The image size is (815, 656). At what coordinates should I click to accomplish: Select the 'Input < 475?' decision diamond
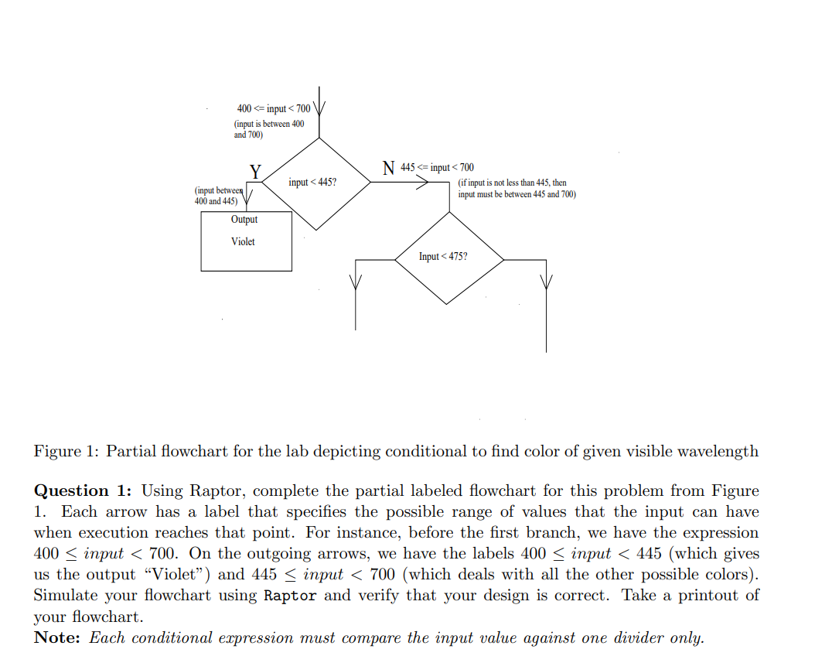coord(448,257)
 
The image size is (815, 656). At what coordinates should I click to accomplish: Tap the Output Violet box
coord(246,241)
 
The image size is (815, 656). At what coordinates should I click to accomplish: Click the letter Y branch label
coord(254,171)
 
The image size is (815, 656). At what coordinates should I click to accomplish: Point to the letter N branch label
coord(389,167)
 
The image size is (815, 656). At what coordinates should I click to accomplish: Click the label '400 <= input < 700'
coord(273,108)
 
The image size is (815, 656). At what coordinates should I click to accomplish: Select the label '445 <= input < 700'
coord(438,167)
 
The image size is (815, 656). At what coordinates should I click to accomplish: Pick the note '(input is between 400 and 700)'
coord(269,129)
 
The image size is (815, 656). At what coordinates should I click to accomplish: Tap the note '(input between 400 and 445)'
coord(219,196)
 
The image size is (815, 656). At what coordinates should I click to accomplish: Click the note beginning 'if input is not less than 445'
coord(517,189)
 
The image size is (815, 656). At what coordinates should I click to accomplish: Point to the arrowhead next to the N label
coord(423,184)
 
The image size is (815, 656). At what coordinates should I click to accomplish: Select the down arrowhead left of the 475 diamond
coord(356,283)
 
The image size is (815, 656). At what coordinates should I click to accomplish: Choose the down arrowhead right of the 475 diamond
coord(547,282)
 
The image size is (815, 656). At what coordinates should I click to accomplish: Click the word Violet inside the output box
coord(243,242)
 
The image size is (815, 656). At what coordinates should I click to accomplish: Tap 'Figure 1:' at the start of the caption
coord(66,451)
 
